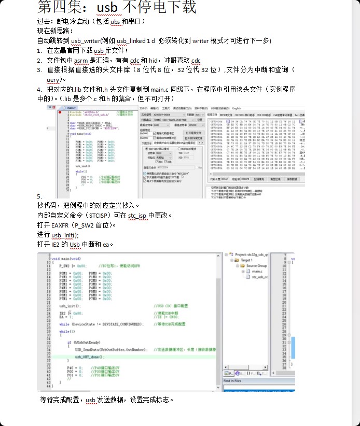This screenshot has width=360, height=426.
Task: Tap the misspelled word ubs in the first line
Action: (x=117, y=21)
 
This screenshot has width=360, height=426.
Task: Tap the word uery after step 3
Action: (x=53, y=79)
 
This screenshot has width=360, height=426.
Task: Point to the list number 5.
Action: (x=39, y=196)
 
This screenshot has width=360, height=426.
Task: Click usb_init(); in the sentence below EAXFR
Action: (x=65, y=235)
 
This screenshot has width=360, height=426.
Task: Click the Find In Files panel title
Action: (x=236, y=380)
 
